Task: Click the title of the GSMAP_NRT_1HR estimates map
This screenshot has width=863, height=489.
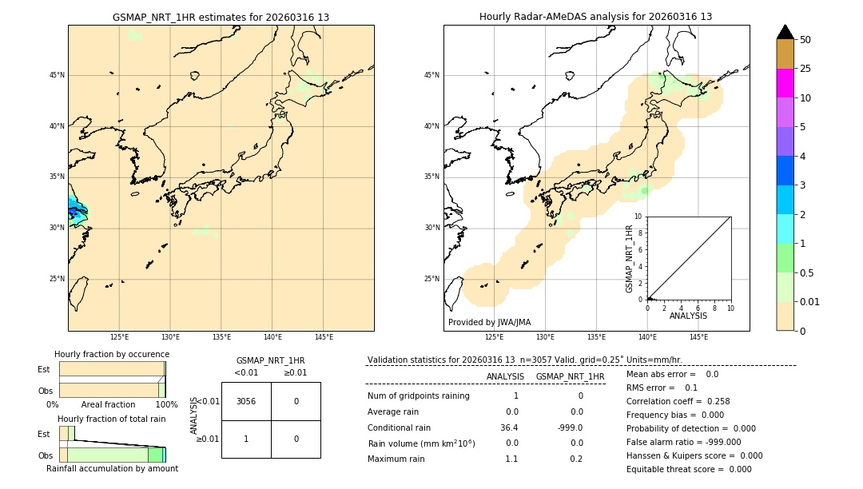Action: [221, 17]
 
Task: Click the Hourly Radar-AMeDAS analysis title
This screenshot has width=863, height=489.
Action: [596, 17]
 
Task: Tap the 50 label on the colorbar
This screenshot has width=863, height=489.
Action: [805, 40]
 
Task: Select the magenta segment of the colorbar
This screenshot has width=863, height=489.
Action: [785, 83]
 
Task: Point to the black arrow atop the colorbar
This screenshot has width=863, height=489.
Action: [785, 32]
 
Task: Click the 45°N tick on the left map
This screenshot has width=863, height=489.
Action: [57, 75]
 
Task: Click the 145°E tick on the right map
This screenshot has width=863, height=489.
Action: [698, 337]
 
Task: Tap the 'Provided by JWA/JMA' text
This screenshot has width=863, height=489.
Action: [489, 323]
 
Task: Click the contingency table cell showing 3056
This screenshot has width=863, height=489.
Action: [246, 401]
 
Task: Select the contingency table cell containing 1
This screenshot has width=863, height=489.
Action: [246, 439]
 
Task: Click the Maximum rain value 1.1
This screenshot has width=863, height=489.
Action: [511, 459]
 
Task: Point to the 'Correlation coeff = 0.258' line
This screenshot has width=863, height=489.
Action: [678, 401]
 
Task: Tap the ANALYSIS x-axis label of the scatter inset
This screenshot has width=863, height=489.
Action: [688, 316]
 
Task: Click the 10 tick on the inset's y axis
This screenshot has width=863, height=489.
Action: [638, 217]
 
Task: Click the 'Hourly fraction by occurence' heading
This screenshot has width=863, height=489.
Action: [112, 354]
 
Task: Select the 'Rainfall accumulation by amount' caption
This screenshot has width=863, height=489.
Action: [112, 468]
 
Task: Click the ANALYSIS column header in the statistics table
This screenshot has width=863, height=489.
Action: [505, 376]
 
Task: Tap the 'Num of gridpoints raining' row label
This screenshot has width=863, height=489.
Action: [418, 396]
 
